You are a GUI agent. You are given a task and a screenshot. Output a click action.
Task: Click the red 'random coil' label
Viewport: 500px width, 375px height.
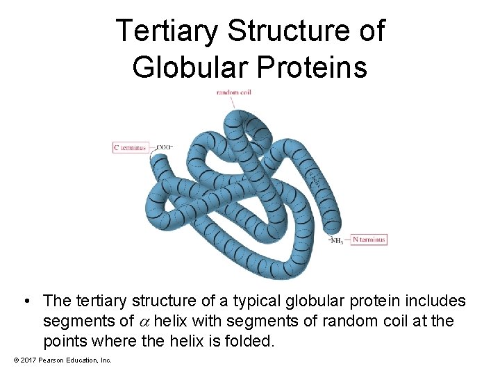point(233,92)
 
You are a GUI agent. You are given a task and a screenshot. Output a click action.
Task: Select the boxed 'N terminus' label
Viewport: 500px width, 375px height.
point(368,240)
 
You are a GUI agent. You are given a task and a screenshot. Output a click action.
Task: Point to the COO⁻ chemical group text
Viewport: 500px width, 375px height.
point(165,147)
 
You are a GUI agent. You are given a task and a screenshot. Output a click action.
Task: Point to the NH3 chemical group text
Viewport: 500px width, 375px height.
point(337,241)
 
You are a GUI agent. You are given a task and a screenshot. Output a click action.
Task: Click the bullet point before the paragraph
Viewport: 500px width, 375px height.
point(26,301)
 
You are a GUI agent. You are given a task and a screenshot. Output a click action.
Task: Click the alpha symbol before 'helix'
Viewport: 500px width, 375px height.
point(145,322)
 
